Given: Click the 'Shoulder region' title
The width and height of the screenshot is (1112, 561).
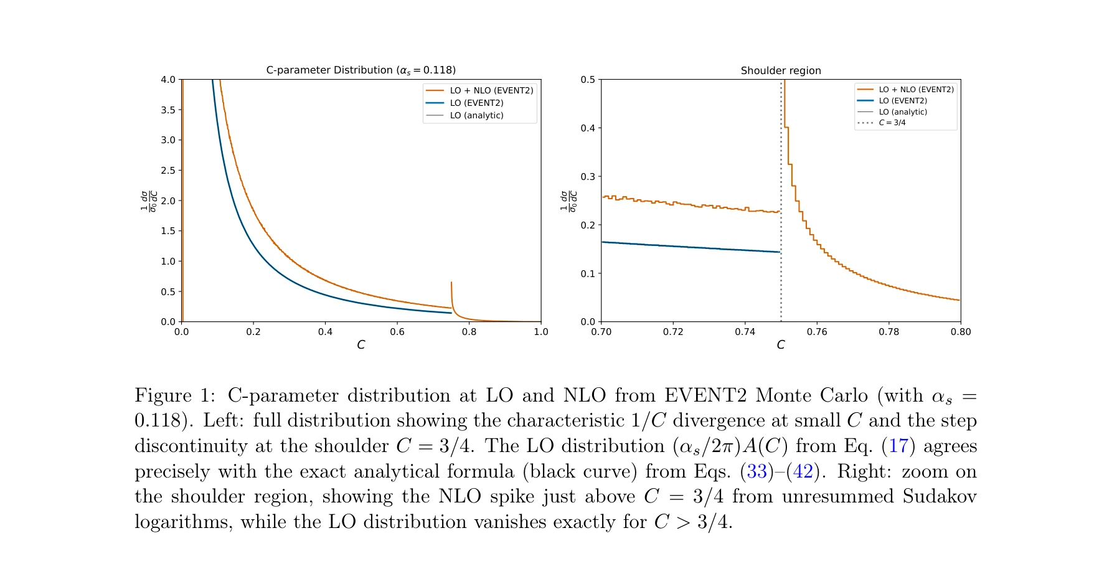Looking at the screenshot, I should pyautogui.click(x=781, y=71).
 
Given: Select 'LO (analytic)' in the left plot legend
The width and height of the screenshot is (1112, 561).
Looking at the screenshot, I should pyautogui.click(x=476, y=116).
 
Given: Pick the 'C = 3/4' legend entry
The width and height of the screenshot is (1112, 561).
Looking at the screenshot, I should pyautogui.click(x=892, y=123).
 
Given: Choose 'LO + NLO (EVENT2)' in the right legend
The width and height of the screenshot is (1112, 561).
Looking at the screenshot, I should pyautogui.click(x=916, y=90).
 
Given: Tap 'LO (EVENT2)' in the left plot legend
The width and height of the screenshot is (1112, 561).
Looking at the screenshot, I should pyautogui.click(x=476, y=103).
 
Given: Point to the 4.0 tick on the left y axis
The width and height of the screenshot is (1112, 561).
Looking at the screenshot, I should pyautogui.click(x=168, y=80).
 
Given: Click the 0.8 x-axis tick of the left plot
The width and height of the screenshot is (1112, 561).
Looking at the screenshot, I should pyautogui.click(x=469, y=332).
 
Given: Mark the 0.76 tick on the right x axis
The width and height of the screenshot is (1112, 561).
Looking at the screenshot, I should pyautogui.click(x=817, y=332).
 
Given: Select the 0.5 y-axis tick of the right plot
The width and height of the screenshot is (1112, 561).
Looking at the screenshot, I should pyautogui.click(x=588, y=80).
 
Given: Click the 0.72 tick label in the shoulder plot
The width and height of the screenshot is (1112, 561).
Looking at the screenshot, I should pyautogui.click(x=673, y=332).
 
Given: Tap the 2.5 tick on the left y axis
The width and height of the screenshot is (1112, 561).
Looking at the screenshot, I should pyautogui.click(x=168, y=171).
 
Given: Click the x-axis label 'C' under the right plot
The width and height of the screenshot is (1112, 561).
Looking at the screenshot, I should pyautogui.click(x=781, y=345).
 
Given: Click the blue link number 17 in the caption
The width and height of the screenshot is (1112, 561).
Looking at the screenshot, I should pyautogui.click(x=898, y=446).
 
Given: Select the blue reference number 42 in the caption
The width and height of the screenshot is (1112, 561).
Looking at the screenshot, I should pyautogui.click(x=803, y=471).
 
